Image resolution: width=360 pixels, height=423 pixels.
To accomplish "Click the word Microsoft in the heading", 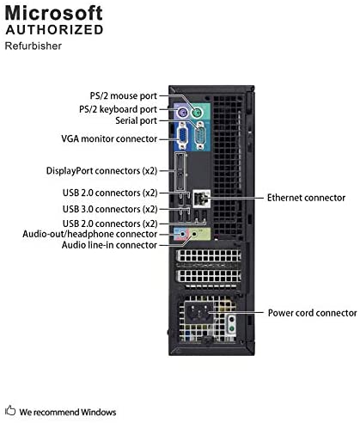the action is pos(53,13).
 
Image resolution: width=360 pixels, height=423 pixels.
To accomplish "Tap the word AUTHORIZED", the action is pos(54,30).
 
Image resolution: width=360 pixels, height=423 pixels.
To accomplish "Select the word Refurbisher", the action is pos(34,46).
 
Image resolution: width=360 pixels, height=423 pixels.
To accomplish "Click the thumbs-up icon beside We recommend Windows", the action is pos(10,410).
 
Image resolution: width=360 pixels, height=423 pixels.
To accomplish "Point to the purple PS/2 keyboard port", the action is pos(181,113).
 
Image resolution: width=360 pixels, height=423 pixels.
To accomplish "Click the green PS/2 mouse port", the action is pos(197,113).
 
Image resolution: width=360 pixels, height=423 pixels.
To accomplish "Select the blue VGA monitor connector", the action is pos(182,136).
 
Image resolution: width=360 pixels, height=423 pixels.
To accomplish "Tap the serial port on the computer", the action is pos(199,136).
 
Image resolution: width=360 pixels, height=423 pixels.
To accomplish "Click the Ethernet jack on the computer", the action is pos(201,198).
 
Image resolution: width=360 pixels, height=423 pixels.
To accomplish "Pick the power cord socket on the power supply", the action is pos(198,312).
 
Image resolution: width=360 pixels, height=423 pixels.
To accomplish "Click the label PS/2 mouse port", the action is pos(124,96).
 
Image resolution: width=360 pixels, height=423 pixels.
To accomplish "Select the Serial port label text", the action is pos(137,120).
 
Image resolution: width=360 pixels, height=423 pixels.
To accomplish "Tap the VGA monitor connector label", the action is pos(109,138).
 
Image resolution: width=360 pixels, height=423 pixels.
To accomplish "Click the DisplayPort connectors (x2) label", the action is pos(102,171).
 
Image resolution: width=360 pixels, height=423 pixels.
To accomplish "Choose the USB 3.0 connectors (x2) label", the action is pos(110,209).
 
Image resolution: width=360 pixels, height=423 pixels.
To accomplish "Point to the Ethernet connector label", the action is pos(306,198).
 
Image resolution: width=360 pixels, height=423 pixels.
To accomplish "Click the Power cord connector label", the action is pos(313,313).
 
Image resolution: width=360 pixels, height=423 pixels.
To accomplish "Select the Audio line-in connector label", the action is pos(109,245).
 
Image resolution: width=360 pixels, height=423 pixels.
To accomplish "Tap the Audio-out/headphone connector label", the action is pos(90,234).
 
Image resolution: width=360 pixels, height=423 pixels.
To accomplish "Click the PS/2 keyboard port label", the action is pos(118,109).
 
